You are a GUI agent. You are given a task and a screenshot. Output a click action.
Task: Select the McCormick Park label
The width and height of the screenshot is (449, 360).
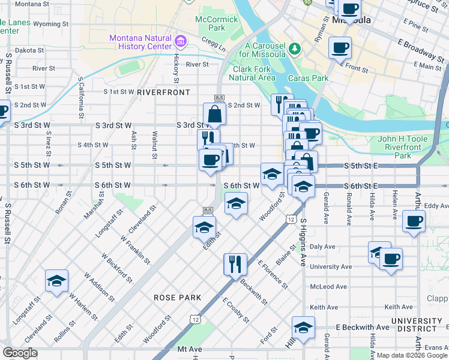(x=209, y=23)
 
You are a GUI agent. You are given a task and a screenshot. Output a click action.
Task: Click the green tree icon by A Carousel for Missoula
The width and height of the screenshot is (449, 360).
(x=294, y=47)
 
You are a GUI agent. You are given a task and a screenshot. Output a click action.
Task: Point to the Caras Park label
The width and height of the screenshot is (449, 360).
(x=308, y=78)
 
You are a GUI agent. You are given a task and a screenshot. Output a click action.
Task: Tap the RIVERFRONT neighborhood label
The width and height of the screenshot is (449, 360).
(x=163, y=92)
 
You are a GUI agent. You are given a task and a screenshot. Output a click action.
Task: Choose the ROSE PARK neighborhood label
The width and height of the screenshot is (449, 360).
(x=172, y=297)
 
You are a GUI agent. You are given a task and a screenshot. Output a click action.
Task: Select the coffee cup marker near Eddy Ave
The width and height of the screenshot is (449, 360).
(x=414, y=221)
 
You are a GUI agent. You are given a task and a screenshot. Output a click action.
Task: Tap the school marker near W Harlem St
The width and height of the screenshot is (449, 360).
(x=56, y=281)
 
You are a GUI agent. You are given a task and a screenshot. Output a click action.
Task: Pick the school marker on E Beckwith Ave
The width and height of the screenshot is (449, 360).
(x=303, y=328)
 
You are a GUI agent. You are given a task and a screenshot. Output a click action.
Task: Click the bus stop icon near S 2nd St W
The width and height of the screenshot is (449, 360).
(x=219, y=98)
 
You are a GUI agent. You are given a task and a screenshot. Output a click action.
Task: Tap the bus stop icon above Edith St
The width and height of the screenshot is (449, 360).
(x=208, y=210)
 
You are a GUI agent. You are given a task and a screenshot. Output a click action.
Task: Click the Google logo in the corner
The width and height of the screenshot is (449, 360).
(x=20, y=353)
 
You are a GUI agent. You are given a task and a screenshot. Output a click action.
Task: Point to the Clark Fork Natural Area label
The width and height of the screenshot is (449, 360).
(x=254, y=73)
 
